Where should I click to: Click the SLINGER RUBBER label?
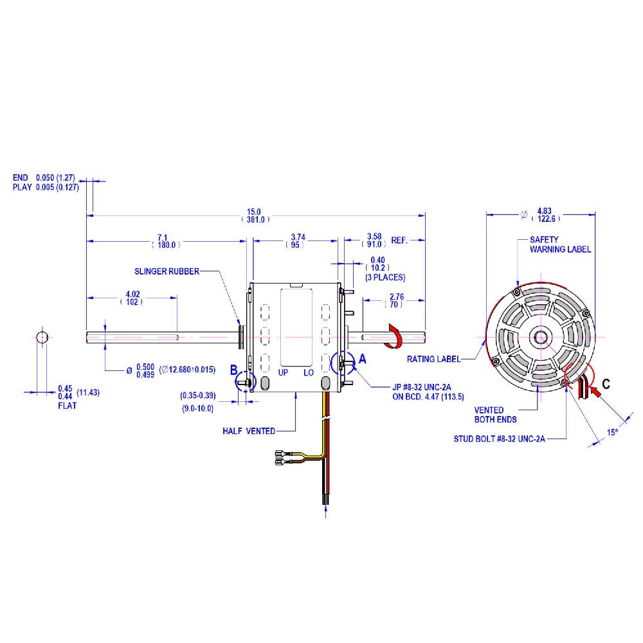click(167, 271)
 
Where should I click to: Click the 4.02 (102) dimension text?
click(134, 298)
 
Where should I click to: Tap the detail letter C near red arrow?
click(606, 386)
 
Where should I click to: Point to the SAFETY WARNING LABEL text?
click(559, 244)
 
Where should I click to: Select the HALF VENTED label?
click(249, 431)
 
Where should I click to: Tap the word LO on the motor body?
click(309, 372)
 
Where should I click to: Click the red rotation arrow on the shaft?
click(391, 336)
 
